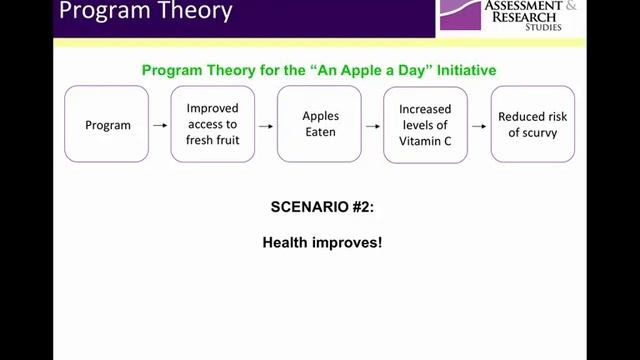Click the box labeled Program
(x=106, y=125)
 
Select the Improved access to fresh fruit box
(x=213, y=125)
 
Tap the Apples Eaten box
(x=319, y=125)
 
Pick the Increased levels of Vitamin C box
(x=425, y=125)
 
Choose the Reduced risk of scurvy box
(x=532, y=125)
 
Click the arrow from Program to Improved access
(x=159, y=126)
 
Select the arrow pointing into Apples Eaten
(x=265, y=126)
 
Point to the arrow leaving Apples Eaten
(x=372, y=126)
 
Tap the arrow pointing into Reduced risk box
(x=478, y=126)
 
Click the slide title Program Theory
(x=144, y=13)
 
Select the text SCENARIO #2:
(x=320, y=208)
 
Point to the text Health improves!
(x=321, y=243)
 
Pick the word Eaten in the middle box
(x=320, y=132)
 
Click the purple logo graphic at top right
(x=461, y=13)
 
